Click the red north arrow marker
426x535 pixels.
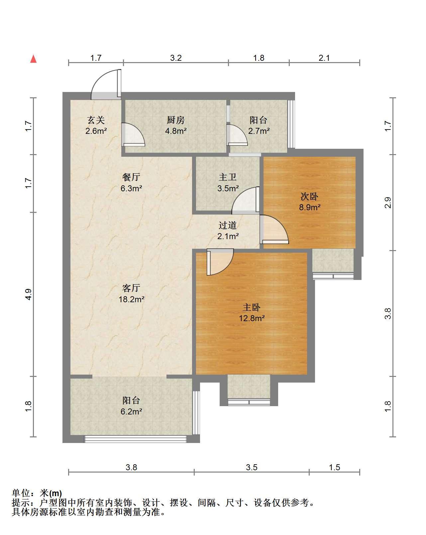point(33,59)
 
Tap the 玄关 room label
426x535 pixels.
point(96,120)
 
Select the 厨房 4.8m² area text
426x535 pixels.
point(176,131)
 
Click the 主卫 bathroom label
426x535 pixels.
point(227,177)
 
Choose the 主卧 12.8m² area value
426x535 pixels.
point(252,318)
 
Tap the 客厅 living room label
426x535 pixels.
point(131,288)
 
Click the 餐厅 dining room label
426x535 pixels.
point(131,177)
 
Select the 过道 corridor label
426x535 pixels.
point(227,225)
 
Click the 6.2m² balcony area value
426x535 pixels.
point(131,411)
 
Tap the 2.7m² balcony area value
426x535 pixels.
point(259,131)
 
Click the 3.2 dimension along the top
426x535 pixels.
point(176,58)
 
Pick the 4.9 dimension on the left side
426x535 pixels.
point(28,294)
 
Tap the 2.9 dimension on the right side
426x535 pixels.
point(388,202)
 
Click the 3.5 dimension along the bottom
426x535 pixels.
point(252,467)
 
